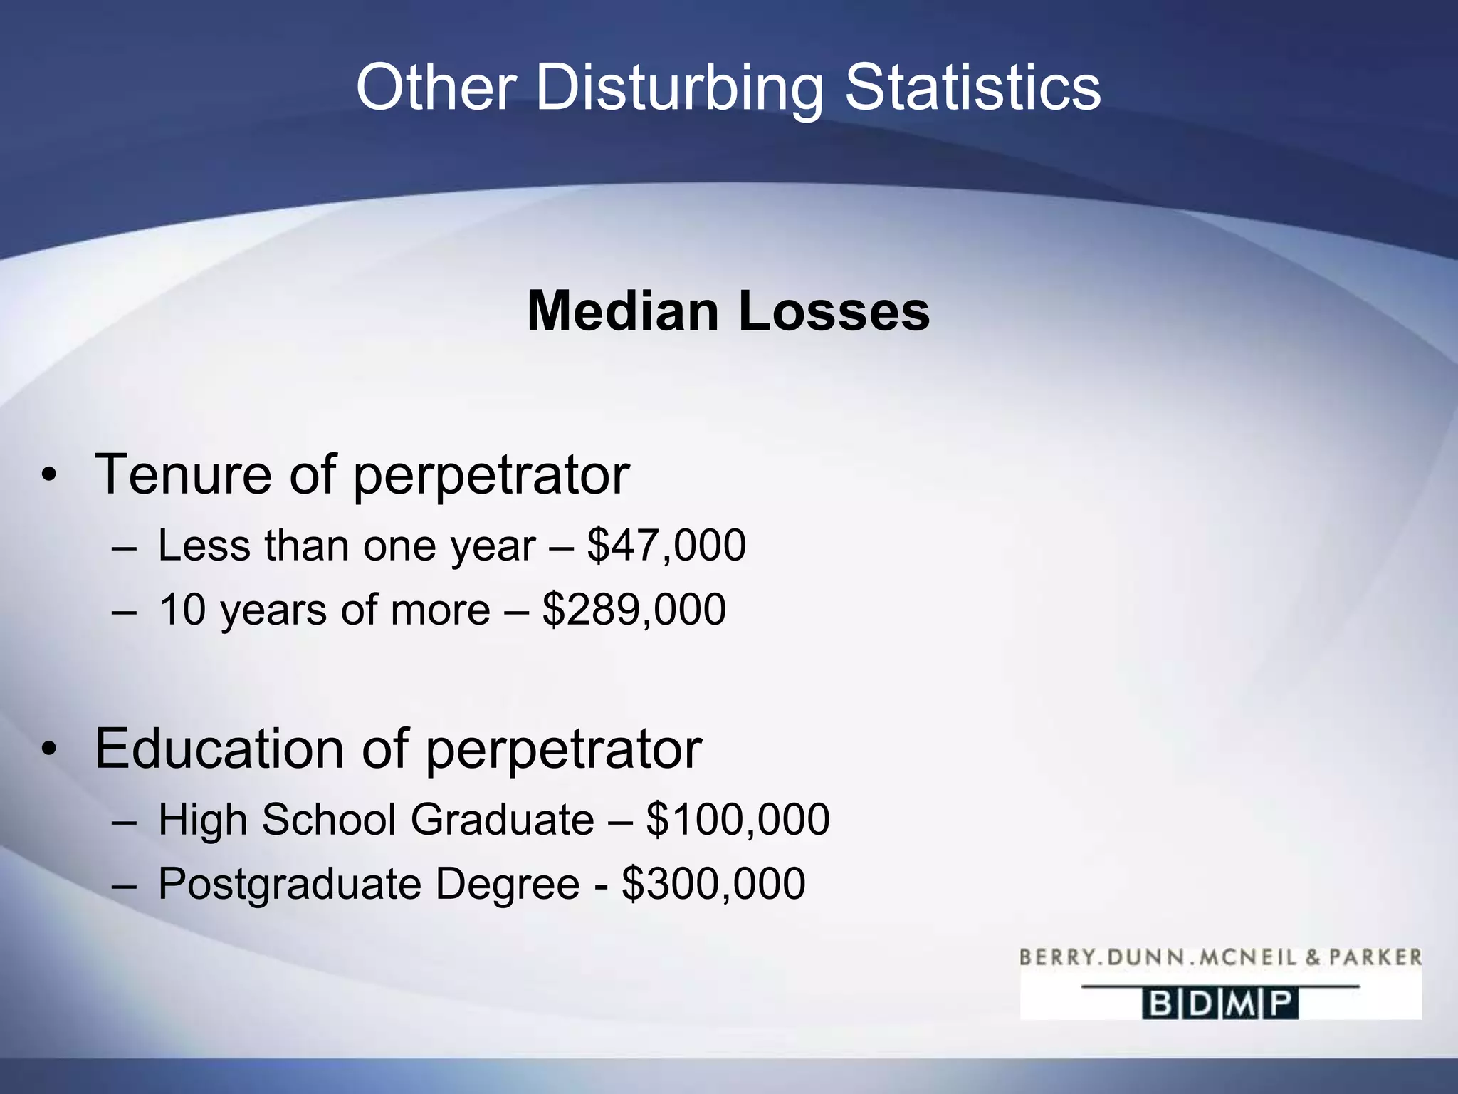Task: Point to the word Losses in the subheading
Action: [x=834, y=311]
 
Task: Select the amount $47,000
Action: [x=666, y=546]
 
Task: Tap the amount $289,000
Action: [x=634, y=610]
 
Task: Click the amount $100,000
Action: [x=738, y=820]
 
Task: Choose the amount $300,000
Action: [x=713, y=884]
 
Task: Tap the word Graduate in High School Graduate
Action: [x=502, y=820]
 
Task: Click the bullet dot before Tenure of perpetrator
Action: [x=48, y=476]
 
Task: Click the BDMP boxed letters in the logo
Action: [x=1220, y=1004]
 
